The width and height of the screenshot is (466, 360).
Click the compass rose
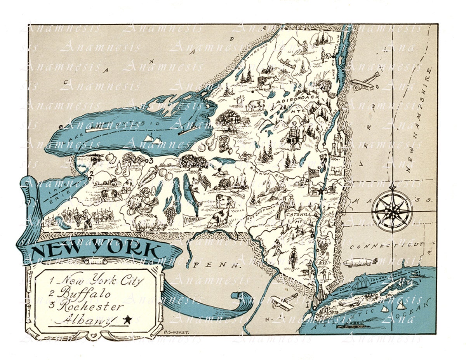click(392, 210)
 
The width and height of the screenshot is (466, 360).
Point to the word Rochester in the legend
click(90, 306)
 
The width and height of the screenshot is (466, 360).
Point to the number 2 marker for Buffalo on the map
click(90, 174)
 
